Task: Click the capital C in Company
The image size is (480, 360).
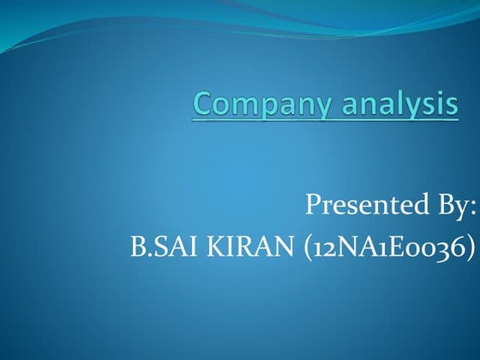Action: click(x=204, y=105)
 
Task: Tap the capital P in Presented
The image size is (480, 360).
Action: click(x=314, y=206)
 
